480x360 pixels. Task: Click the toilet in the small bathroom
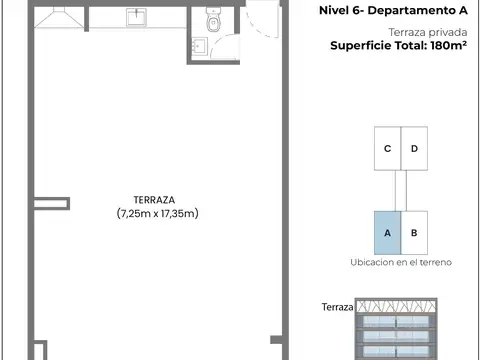coord(212,20)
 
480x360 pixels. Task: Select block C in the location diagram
coord(387,149)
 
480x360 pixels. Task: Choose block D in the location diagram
coord(414,149)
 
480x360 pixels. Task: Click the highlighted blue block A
coord(387,232)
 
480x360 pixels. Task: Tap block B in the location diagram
coord(414,232)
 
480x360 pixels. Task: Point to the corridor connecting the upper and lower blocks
coord(401,190)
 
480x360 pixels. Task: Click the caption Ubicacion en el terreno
coord(401,262)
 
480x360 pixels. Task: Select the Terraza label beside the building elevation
coord(338,307)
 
